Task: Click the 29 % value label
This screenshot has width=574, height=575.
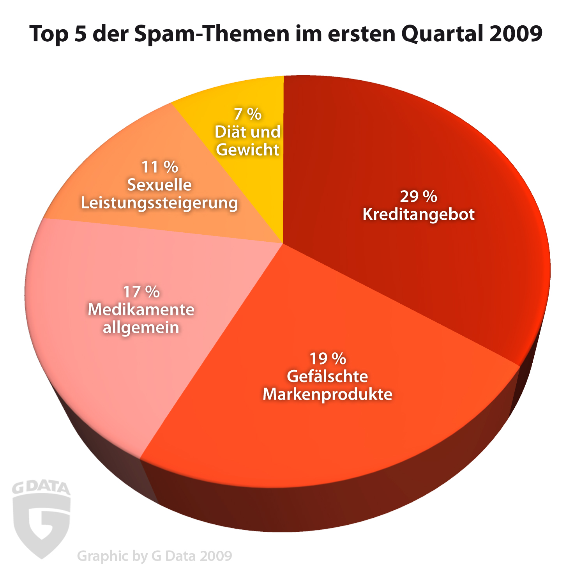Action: pyautogui.click(x=418, y=196)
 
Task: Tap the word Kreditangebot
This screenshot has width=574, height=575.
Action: pyautogui.click(x=419, y=214)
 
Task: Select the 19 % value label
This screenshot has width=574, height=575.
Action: pyautogui.click(x=327, y=358)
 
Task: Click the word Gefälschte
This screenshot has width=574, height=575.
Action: pyautogui.click(x=327, y=376)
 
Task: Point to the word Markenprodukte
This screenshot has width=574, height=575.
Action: pyautogui.click(x=327, y=394)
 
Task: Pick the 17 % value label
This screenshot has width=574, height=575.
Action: pyautogui.click(x=141, y=292)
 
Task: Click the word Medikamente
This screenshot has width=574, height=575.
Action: pyautogui.click(x=141, y=310)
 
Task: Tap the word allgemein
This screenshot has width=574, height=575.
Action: pyautogui.click(x=141, y=327)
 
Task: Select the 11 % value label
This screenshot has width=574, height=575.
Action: pyautogui.click(x=159, y=167)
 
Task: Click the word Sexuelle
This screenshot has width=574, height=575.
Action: pyautogui.click(x=159, y=185)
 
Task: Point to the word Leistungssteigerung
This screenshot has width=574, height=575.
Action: pyautogui.click(x=159, y=203)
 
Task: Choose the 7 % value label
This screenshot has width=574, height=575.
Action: pyautogui.click(x=247, y=114)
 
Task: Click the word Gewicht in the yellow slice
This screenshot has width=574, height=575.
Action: pyautogui.click(x=247, y=150)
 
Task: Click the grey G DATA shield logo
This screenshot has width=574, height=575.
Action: pyautogui.click(x=41, y=518)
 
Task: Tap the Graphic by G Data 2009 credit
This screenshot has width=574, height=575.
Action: pyautogui.click(x=154, y=556)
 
